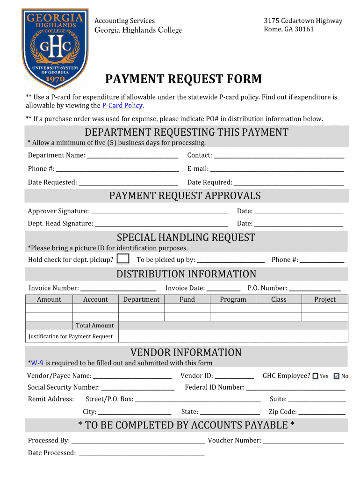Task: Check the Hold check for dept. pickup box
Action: [x=123, y=259]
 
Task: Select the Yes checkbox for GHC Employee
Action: [x=315, y=376]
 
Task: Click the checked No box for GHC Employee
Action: [x=337, y=376]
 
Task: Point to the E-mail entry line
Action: [x=276, y=169]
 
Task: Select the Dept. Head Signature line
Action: [x=161, y=224]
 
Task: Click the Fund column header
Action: [x=187, y=299]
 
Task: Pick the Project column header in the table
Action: [x=325, y=299]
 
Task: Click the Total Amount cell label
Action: [x=95, y=326]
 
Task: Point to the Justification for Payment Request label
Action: [x=71, y=336]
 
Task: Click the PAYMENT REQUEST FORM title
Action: [x=183, y=79]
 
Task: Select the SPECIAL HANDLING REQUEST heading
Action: [x=186, y=238]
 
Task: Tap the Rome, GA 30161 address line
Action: [x=289, y=29]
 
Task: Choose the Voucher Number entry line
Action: [x=303, y=441]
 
